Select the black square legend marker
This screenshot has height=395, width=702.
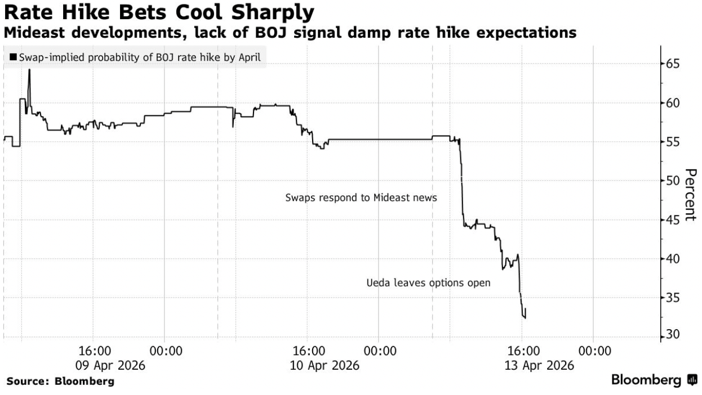tap(12, 57)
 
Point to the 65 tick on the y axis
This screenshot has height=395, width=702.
tap(672, 64)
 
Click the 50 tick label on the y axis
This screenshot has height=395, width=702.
tap(672, 181)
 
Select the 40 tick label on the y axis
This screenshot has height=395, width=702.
tap(672, 258)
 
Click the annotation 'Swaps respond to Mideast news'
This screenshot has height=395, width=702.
tap(361, 198)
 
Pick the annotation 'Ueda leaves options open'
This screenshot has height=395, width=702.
tap(428, 283)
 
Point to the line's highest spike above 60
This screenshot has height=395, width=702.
tap(29, 70)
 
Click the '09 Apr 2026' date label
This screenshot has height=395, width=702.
tap(114, 365)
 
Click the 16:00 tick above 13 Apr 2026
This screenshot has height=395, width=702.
tap(523, 351)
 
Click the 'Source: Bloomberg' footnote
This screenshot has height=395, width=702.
tap(60, 381)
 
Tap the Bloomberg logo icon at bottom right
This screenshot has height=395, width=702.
tap(693, 381)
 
